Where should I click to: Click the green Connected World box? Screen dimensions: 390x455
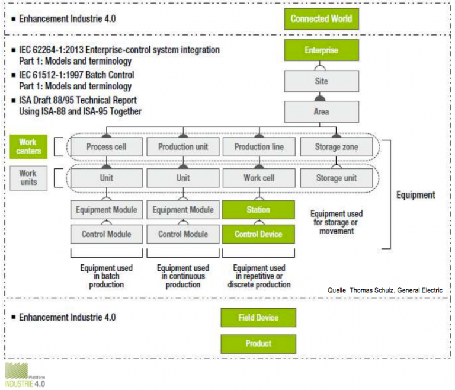pos(321,18)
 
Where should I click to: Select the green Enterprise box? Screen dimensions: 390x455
pos(321,50)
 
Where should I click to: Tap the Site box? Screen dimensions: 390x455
pos(321,81)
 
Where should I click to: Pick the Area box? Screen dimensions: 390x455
pos(321,111)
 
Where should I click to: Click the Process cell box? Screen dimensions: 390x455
pos(107,147)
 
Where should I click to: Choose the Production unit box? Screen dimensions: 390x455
pos(183,147)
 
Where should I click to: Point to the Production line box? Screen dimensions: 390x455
pos(259,147)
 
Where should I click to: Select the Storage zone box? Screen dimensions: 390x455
pos(337,147)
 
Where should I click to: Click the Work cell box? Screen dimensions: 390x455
pos(259,178)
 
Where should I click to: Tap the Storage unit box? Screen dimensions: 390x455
pos(337,178)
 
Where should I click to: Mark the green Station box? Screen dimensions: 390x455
pos(258,210)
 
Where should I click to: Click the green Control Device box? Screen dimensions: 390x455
pos(258,234)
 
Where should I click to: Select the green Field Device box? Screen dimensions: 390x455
pos(258,318)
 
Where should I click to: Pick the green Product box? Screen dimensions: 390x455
pos(258,343)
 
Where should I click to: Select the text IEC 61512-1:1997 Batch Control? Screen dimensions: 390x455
pos(76,75)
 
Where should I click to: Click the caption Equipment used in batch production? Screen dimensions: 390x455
pos(107,276)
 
